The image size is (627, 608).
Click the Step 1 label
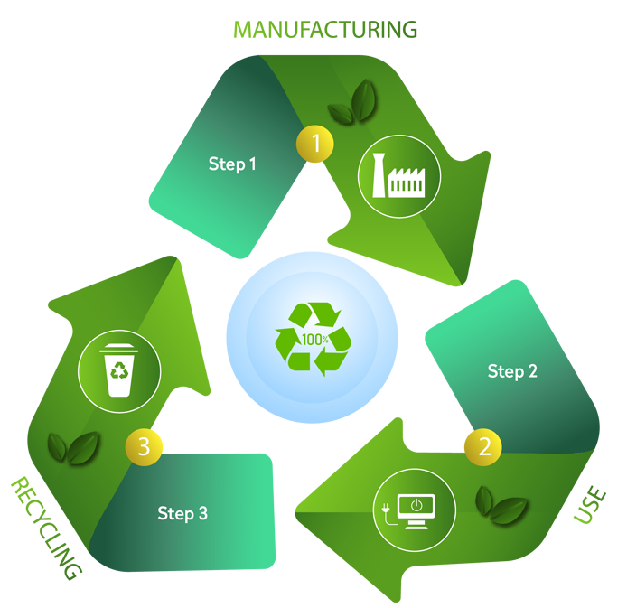click(x=232, y=164)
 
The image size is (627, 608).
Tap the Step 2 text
click(x=512, y=371)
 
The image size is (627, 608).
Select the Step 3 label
click(x=182, y=513)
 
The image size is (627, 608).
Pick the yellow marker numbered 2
click(x=484, y=444)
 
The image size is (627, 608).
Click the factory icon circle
click(x=399, y=176)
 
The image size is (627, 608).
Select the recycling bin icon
click(x=119, y=369)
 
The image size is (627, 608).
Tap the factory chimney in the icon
click(x=379, y=176)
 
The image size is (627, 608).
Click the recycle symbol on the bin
click(x=119, y=371)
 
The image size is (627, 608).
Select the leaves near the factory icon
click(x=353, y=104)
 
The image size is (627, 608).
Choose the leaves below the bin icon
click(x=73, y=445)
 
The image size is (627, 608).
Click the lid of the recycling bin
click(x=119, y=349)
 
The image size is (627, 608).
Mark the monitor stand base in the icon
click(x=416, y=526)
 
